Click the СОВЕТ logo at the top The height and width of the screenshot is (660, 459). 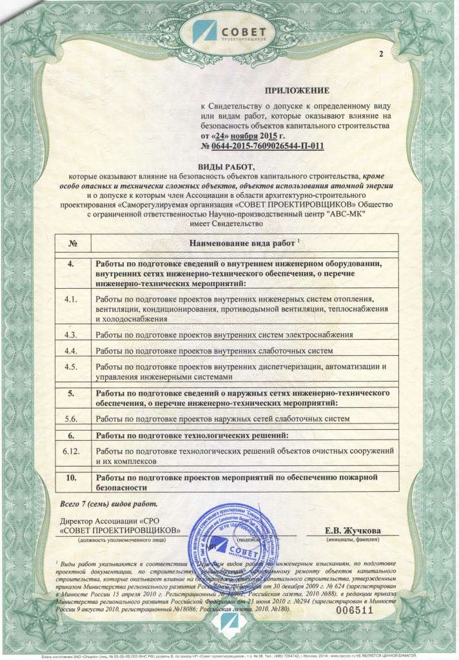coord(229,30)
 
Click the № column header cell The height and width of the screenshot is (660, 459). coord(72,243)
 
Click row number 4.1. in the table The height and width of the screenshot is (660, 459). coord(72,300)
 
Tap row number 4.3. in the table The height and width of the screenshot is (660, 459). coord(72,335)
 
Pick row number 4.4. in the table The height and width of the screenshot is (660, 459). coord(72,351)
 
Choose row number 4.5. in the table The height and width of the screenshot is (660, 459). coord(72,367)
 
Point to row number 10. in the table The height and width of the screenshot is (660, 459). coord(72,478)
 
